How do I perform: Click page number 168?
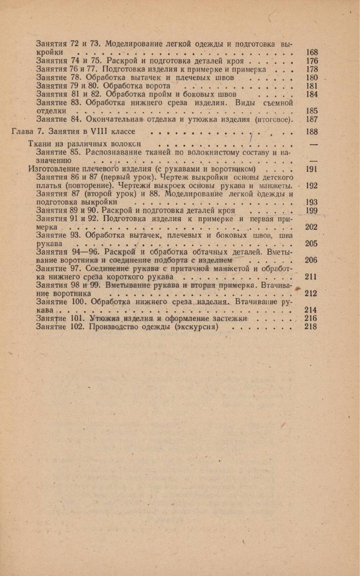(x=311, y=52)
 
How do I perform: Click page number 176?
(x=311, y=61)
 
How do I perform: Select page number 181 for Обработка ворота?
(x=311, y=86)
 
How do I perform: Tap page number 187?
(x=311, y=119)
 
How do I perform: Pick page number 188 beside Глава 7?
(x=311, y=132)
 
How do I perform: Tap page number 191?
(x=311, y=170)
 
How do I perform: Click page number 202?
(x=311, y=227)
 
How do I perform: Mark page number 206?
(x=311, y=260)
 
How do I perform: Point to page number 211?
(x=311, y=277)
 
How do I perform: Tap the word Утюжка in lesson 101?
(x=104, y=318)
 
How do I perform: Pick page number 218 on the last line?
(x=311, y=326)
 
